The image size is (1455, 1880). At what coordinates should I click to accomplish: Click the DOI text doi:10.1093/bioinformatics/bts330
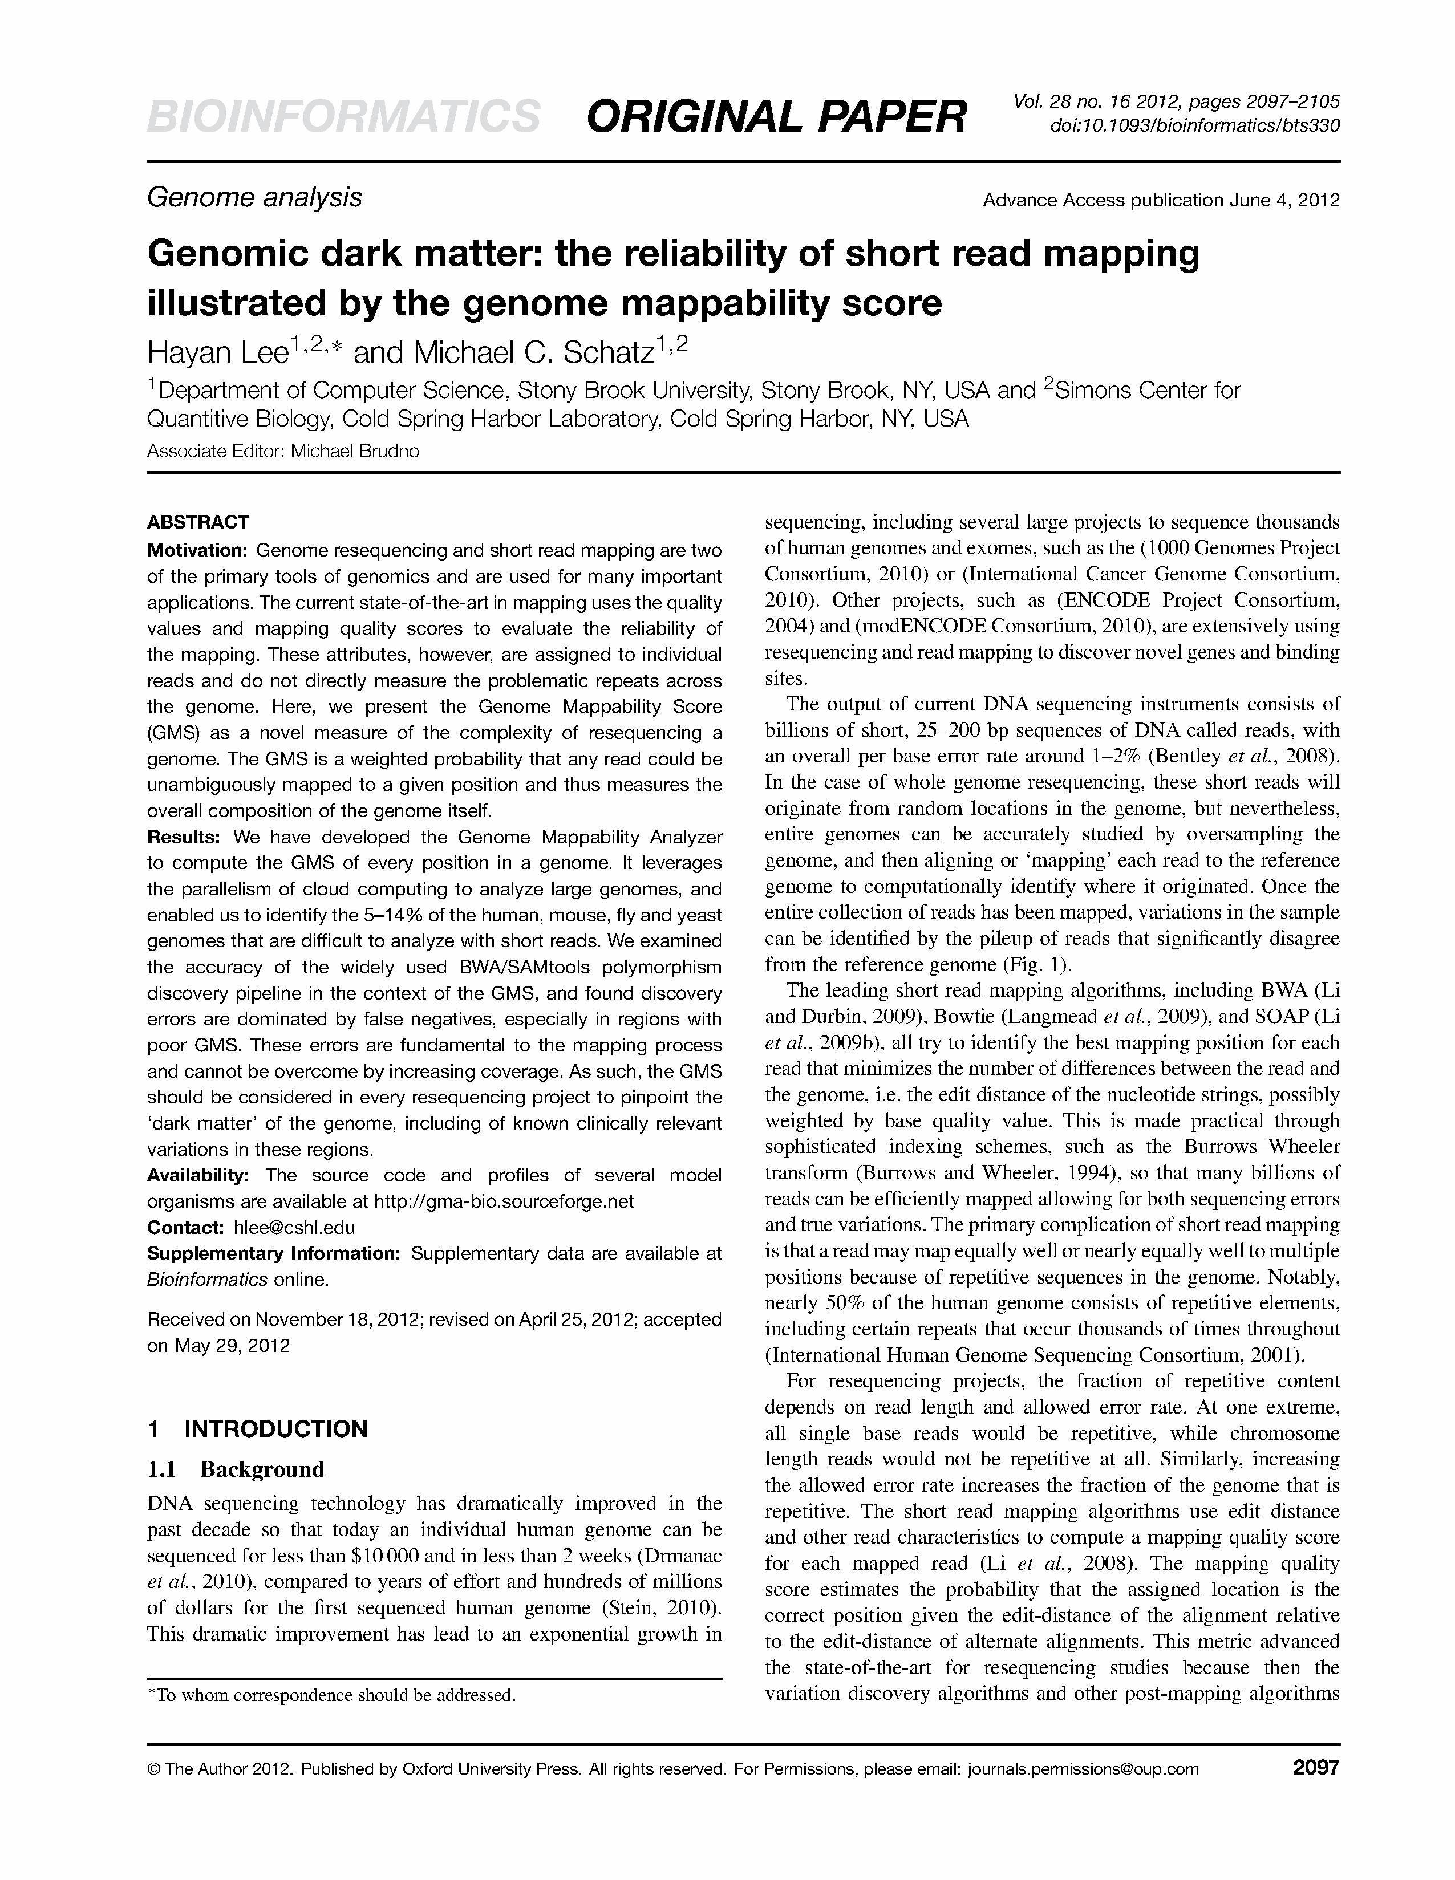1194,125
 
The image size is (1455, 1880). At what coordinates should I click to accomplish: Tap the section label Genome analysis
255,198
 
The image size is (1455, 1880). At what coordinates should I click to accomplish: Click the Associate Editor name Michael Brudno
355,451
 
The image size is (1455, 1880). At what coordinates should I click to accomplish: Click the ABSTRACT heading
198,522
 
